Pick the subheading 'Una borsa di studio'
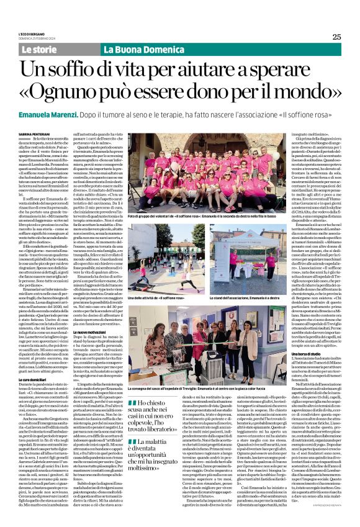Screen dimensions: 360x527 286,384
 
